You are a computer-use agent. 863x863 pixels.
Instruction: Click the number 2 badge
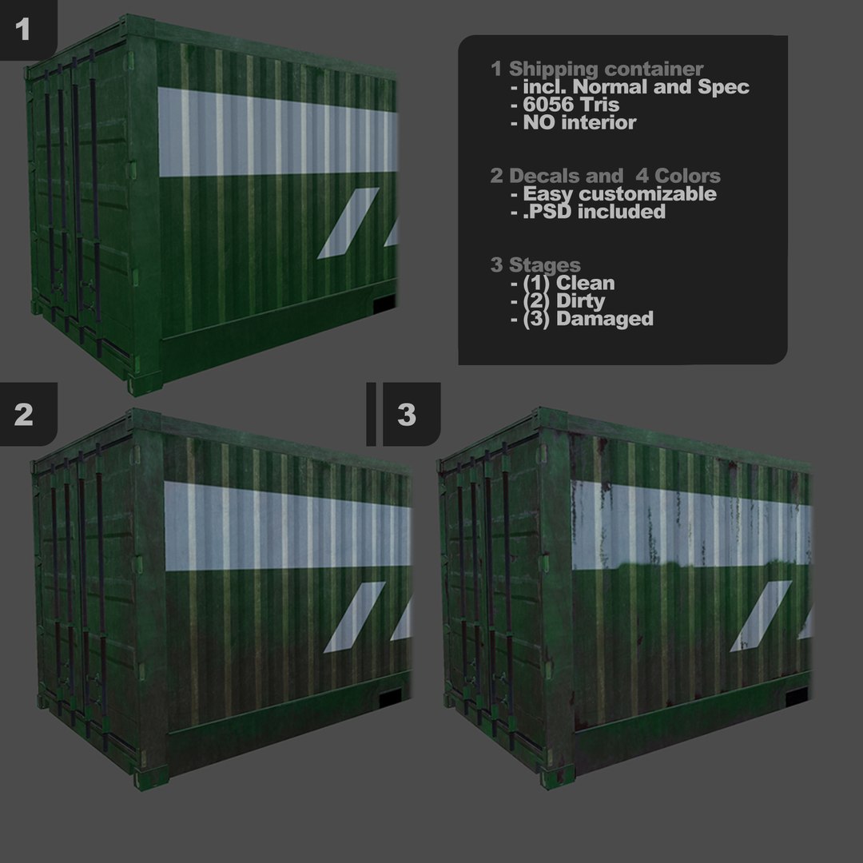(x=24, y=414)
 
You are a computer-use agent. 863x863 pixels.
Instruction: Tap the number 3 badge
(x=407, y=415)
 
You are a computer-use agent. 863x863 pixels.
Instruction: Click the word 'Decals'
(x=538, y=176)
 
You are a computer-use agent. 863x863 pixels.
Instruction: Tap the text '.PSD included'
(x=594, y=212)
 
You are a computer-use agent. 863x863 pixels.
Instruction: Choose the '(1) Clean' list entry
(x=569, y=283)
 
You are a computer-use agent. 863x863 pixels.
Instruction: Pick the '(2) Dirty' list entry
(x=564, y=301)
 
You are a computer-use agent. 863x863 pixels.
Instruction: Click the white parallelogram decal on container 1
(x=348, y=223)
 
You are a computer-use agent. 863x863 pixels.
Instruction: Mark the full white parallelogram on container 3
(x=760, y=615)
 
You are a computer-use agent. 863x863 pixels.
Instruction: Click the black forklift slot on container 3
(x=797, y=697)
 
